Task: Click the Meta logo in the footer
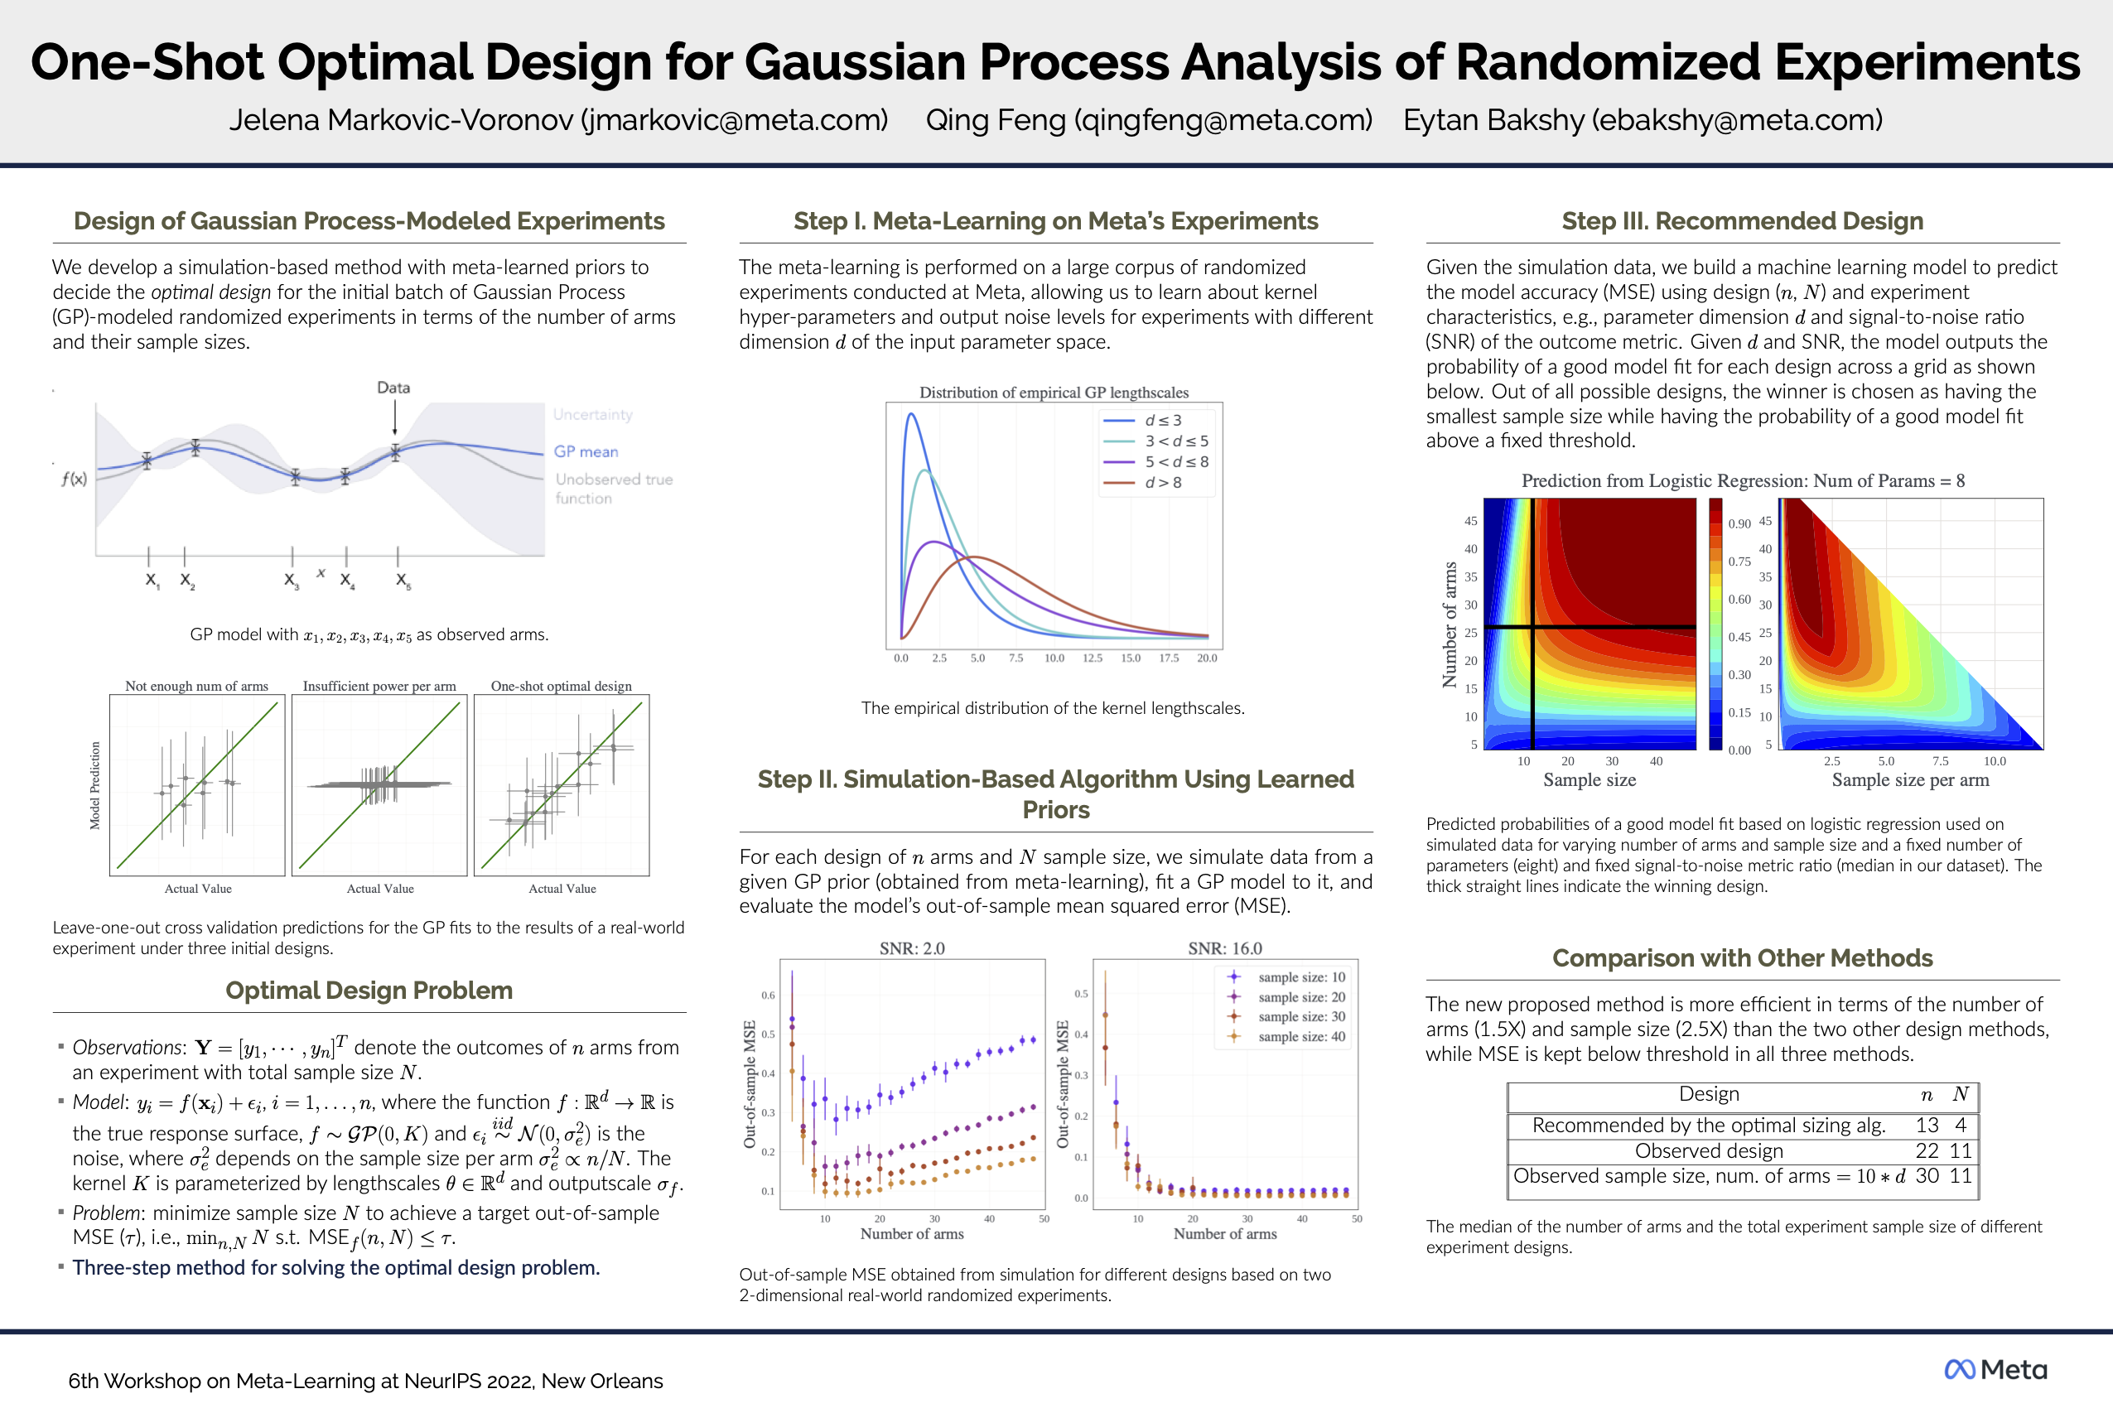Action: click(1995, 1369)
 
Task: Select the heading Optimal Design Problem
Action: click(369, 990)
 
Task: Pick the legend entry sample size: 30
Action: click(1301, 1016)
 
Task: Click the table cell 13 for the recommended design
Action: click(1927, 1125)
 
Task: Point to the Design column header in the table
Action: click(1709, 1094)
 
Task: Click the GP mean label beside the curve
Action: click(586, 451)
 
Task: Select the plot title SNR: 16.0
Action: click(1225, 948)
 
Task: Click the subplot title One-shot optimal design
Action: click(562, 686)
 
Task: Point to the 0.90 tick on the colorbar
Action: click(1739, 523)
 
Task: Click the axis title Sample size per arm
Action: click(1910, 780)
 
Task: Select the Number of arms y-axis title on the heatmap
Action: click(1450, 624)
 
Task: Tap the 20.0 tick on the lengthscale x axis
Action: click(1207, 658)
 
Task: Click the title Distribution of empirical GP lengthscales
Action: click(1054, 393)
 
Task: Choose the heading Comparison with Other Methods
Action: click(1742, 958)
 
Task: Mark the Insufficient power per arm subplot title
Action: click(379, 686)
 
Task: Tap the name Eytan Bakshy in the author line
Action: click(1493, 119)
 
